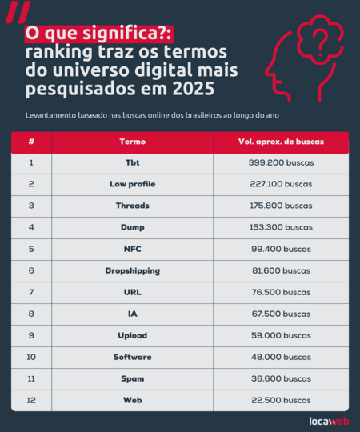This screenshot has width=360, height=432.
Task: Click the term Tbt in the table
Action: coord(132,162)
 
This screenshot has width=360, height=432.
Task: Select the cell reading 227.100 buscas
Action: coord(280,184)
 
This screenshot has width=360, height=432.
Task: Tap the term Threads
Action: coord(132,206)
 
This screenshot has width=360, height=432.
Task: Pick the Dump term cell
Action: coord(132,227)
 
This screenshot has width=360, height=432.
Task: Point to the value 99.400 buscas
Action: coord(280,249)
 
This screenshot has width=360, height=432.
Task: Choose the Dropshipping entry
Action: coord(132,270)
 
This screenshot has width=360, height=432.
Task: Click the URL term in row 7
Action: coord(132,292)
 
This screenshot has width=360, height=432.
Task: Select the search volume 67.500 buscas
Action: coord(280,314)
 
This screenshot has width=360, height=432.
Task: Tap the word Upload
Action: coord(132,335)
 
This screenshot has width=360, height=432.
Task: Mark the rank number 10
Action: coord(31,357)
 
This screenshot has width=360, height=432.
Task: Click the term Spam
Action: coord(132,378)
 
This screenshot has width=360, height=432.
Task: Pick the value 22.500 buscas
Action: coord(280,399)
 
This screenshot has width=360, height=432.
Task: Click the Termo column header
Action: coord(132,141)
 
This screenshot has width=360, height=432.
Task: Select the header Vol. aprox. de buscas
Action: coord(281,141)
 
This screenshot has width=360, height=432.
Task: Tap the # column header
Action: coord(31,141)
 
